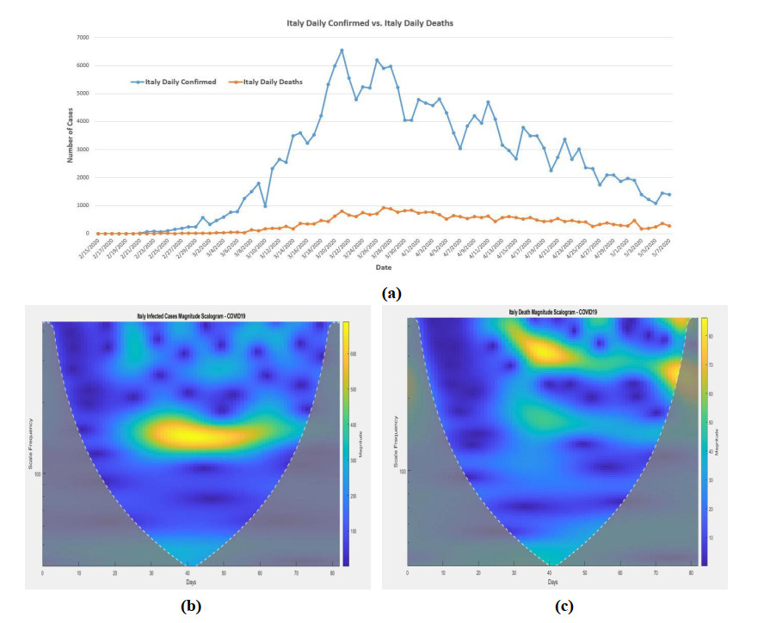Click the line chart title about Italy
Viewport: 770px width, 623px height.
click(x=369, y=23)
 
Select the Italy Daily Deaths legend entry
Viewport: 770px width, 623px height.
click(x=270, y=82)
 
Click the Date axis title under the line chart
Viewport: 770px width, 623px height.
click(x=383, y=267)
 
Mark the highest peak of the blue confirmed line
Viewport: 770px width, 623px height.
click(x=342, y=51)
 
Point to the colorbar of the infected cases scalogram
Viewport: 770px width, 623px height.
click(x=346, y=443)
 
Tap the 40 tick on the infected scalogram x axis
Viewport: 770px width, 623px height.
click(x=188, y=572)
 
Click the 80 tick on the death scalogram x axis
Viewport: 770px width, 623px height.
click(x=691, y=572)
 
